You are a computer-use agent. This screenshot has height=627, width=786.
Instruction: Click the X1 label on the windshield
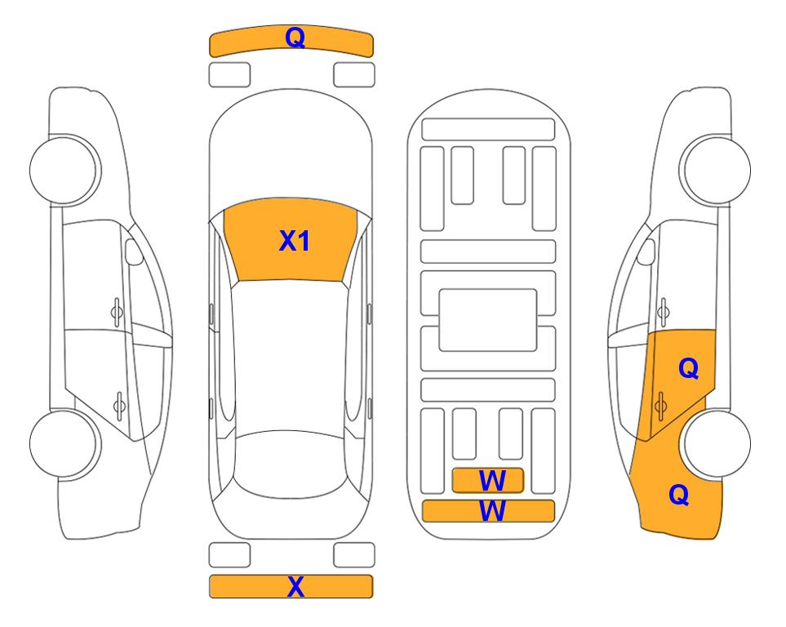(295, 240)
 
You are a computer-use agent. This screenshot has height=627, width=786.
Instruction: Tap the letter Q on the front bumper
(295, 37)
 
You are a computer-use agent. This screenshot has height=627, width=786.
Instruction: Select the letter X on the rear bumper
(295, 586)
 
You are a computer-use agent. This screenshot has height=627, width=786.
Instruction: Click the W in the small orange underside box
(492, 481)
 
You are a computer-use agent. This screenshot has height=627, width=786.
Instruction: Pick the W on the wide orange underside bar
(492, 510)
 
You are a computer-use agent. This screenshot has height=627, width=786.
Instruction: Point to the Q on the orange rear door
(689, 368)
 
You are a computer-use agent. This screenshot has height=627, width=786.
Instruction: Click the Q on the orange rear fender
(679, 495)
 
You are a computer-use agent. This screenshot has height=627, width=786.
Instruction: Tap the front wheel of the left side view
(64, 170)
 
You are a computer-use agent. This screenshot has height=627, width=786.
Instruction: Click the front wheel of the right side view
(715, 170)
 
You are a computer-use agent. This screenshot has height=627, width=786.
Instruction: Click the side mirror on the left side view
(134, 251)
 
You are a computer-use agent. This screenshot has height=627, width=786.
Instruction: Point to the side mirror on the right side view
(646, 251)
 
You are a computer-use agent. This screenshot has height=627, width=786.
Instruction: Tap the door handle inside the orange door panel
(660, 406)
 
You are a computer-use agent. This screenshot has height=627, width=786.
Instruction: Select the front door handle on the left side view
(117, 313)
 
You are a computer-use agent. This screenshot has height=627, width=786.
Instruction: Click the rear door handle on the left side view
(119, 406)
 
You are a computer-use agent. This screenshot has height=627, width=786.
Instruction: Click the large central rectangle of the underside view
(488, 320)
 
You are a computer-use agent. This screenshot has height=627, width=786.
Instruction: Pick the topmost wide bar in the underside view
(488, 130)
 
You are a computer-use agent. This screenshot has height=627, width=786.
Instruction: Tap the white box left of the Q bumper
(229, 75)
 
